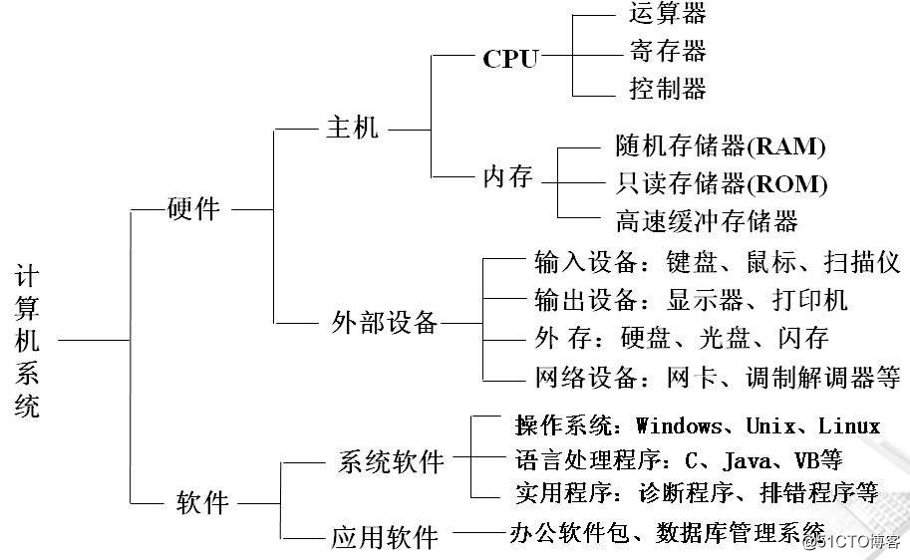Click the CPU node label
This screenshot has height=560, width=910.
[x=509, y=59]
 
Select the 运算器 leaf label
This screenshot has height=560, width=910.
[x=668, y=13]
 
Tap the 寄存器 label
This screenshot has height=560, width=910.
[x=668, y=51]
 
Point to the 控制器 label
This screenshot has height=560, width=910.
[x=668, y=89]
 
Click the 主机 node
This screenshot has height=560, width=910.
[x=353, y=128]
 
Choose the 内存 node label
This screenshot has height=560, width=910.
[x=508, y=178]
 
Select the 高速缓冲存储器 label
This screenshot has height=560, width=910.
[x=707, y=220]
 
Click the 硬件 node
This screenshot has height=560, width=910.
[x=194, y=209]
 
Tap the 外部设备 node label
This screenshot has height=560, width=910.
[x=384, y=323]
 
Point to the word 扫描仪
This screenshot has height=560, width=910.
[x=862, y=263]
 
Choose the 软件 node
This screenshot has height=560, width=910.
[x=202, y=502]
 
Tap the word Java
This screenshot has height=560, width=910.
[x=749, y=459]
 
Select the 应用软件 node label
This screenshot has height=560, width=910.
[x=385, y=538]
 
